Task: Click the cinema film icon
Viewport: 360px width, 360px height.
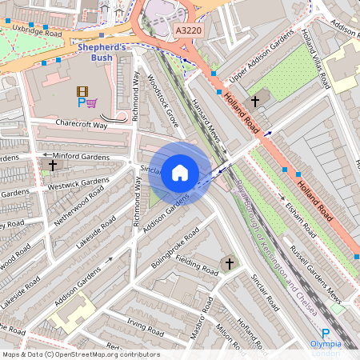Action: point(82,91)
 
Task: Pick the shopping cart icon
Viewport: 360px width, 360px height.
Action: point(92,102)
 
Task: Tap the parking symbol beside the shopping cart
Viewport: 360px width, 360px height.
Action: point(81,102)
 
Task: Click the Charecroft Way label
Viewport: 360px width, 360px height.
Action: point(82,125)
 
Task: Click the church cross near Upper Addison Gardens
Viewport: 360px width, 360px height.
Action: point(255,101)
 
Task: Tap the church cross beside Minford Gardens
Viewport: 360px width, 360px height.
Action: point(53,165)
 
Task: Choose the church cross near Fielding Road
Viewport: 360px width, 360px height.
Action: point(228,263)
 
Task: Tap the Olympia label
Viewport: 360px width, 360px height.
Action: point(326,345)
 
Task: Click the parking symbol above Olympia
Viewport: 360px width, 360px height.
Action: point(326,334)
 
